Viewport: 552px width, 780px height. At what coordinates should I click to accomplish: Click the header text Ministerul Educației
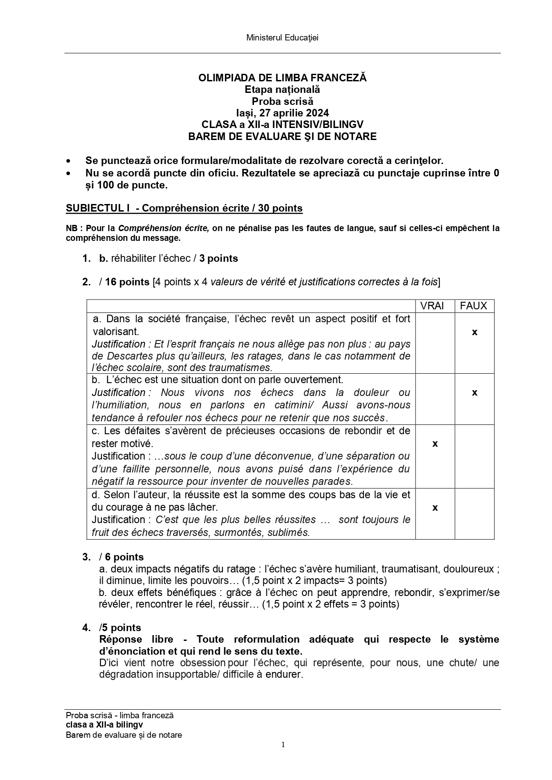click(282, 38)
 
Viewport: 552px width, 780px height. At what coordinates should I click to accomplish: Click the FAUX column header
click(474, 306)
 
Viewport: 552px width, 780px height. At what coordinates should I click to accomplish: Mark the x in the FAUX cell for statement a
click(474, 332)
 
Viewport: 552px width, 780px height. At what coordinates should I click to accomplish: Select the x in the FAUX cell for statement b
click(474, 392)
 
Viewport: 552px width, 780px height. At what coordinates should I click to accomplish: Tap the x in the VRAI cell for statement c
click(435, 444)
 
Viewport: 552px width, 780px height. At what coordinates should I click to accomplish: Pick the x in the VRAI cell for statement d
click(435, 508)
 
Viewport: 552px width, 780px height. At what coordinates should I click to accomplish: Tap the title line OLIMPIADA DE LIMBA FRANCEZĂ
click(282, 78)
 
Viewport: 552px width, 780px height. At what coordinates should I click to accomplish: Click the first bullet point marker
click(68, 161)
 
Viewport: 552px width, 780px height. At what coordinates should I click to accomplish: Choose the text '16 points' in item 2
click(127, 282)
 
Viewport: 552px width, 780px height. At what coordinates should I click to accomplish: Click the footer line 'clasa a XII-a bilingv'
click(104, 725)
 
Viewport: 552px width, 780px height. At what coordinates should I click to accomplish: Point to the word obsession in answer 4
click(203, 663)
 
